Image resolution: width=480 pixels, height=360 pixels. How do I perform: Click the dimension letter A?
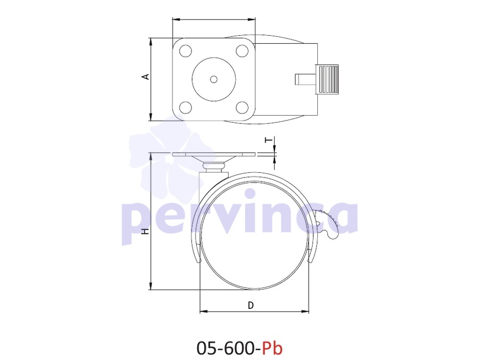pyautogui.click(x=147, y=76)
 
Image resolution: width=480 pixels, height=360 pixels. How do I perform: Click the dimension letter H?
pyautogui.click(x=146, y=231)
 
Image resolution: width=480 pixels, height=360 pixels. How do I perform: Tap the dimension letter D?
pyautogui.click(x=251, y=305)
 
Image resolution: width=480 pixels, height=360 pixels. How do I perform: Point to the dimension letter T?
pyautogui.click(x=268, y=140)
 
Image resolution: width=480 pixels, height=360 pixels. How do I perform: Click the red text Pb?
pyautogui.click(x=272, y=348)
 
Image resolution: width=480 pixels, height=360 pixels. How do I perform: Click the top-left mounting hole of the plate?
pyautogui.click(x=186, y=51)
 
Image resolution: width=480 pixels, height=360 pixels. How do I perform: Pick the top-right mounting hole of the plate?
pyautogui.click(x=242, y=51)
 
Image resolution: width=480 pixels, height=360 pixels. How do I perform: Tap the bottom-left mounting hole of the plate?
pyautogui.click(x=186, y=107)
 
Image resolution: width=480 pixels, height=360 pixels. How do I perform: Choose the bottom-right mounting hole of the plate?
pyautogui.click(x=242, y=107)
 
